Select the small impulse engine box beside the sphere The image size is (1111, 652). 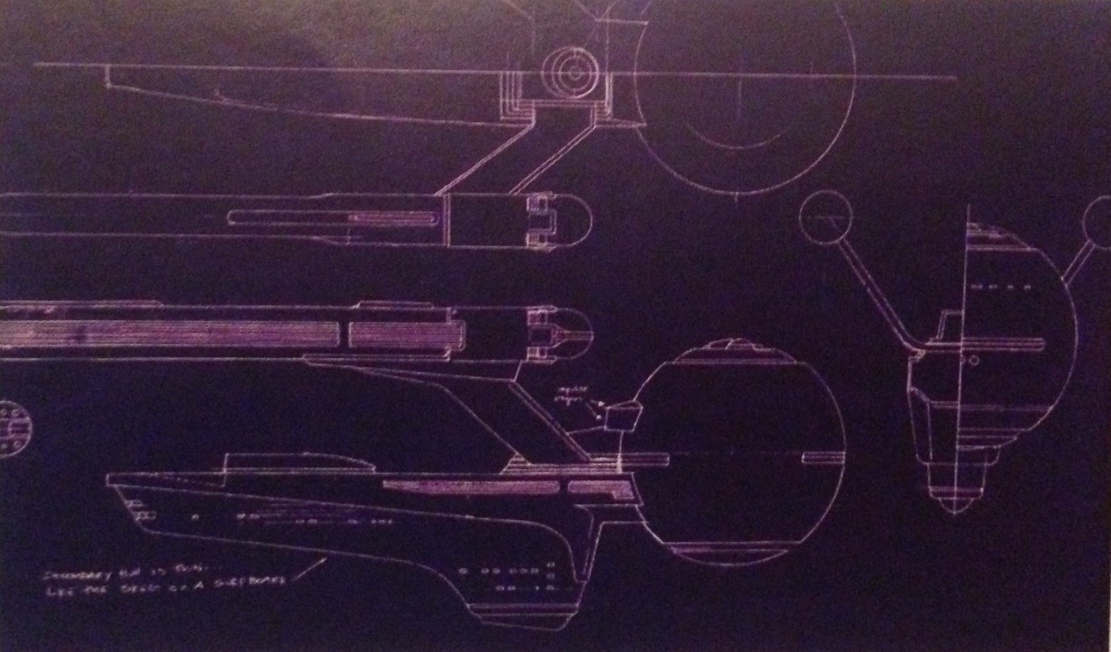tap(622, 416)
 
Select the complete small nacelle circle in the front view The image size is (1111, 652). tap(825, 218)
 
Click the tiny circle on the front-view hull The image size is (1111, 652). tap(974, 361)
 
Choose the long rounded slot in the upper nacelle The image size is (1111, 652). tap(334, 218)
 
